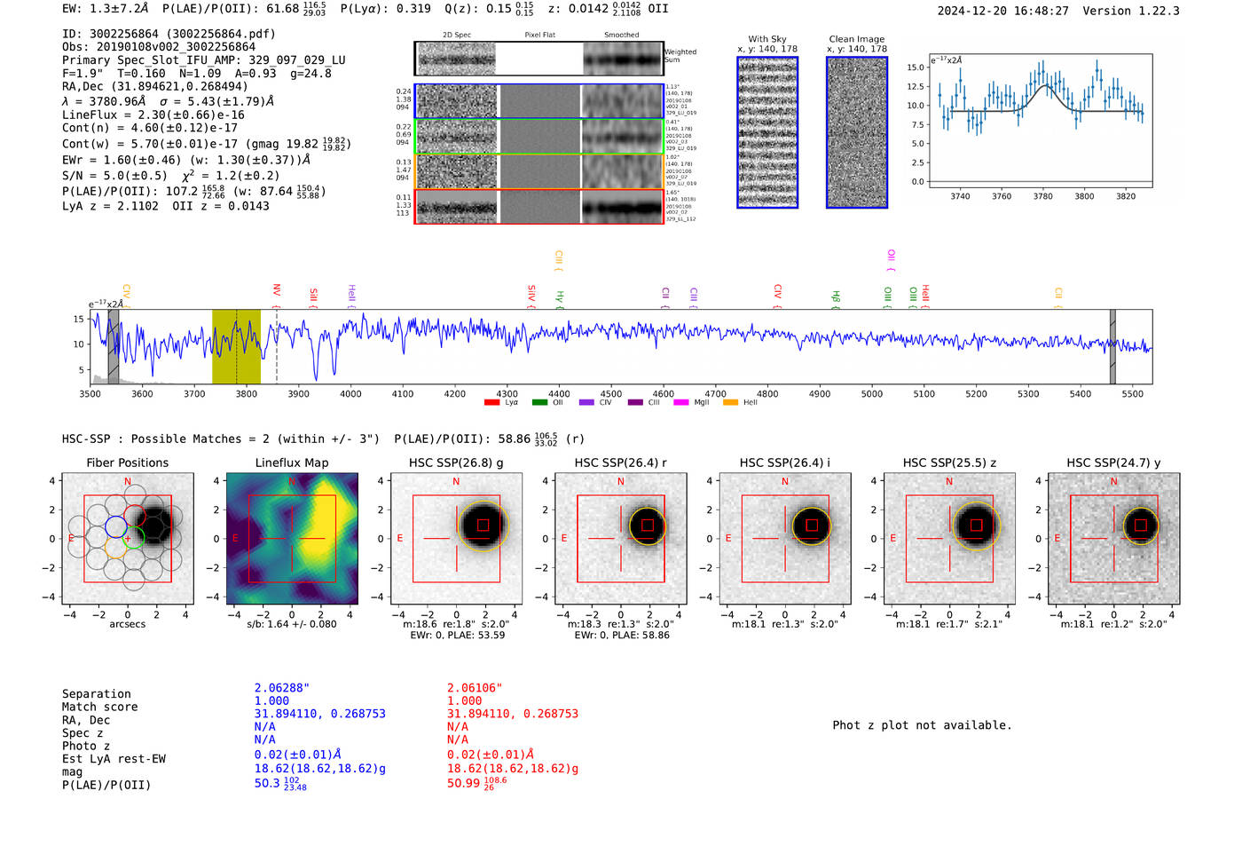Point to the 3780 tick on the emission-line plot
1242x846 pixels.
click(1042, 196)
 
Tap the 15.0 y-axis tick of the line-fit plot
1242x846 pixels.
click(916, 67)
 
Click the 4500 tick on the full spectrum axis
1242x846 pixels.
click(611, 394)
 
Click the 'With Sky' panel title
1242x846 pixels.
click(766, 39)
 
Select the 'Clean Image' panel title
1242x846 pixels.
click(856, 39)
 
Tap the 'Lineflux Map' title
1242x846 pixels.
click(292, 463)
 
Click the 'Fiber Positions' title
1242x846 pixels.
click(127, 463)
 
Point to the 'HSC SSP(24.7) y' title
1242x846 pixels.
click(1113, 463)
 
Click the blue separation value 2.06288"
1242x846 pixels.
click(281, 688)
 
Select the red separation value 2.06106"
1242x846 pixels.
click(474, 688)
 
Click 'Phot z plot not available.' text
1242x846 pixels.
click(922, 725)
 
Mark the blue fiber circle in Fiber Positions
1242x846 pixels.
click(116, 526)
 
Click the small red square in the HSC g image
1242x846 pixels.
click(483, 525)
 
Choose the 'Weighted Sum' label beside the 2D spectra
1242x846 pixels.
click(680, 56)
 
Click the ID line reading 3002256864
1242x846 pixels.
click(169, 34)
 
